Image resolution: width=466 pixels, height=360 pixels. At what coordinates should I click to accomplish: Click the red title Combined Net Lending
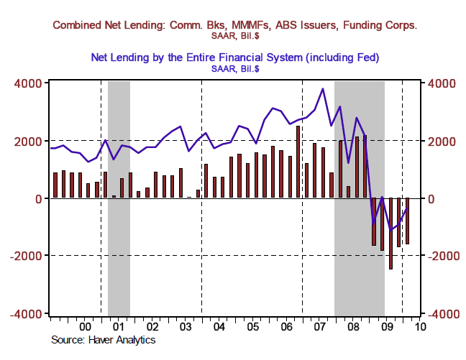(235, 25)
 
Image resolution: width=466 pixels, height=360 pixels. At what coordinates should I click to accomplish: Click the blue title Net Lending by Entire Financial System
(235, 56)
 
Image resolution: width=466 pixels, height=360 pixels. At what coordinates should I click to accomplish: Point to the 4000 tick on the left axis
(29, 83)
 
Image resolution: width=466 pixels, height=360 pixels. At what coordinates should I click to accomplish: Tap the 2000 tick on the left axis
(29, 141)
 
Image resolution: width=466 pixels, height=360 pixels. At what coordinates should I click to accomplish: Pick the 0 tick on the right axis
(436, 198)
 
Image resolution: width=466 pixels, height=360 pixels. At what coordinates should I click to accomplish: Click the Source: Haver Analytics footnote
(104, 339)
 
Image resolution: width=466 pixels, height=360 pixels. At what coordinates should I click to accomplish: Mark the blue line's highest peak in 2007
(323, 89)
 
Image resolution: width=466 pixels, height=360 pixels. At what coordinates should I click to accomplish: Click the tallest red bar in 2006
(298, 162)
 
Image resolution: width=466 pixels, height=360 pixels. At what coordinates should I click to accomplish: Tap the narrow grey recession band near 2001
(119, 198)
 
